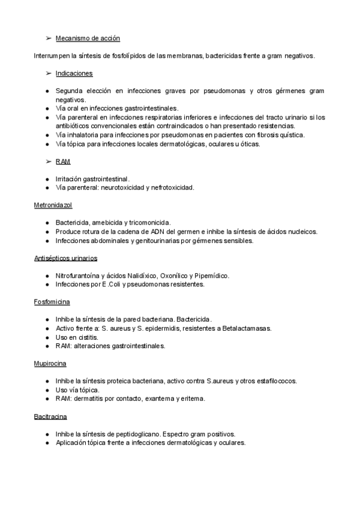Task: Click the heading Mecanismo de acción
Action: pyautogui.click(x=88, y=38)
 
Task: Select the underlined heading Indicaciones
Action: pyautogui.click(x=74, y=73)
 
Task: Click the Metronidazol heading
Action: pyautogui.click(x=53, y=205)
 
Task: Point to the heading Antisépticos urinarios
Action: pyautogui.click(x=66, y=258)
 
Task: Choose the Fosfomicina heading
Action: pyautogui.click(x=52, y=302)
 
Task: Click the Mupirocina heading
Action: pyautogui.click(x=50, y=364)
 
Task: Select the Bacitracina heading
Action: pyautogui.click(x=50, y=417)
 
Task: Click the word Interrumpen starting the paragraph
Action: pyautogui.click(x=55, y=56)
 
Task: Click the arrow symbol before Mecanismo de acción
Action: pyautogui.click(x=47, y=38)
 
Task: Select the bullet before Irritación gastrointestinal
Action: pyautogui.click(x=47, y=179)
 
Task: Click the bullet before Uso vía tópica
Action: pyautogui.click(x=47, y=390)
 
